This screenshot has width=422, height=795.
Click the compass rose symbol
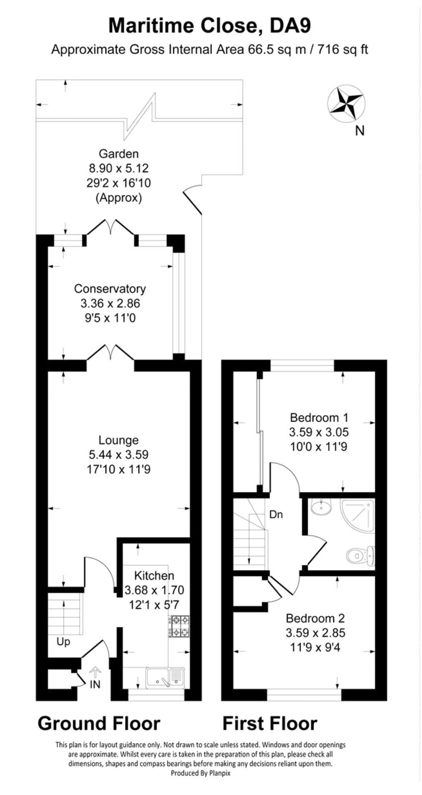coord(346,104)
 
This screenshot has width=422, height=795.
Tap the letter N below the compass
coord(360,131)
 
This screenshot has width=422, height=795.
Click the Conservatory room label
coord(110,289)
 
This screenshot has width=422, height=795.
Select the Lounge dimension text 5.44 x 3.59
coord(118,454)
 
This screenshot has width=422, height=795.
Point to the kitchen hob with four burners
coord(180,626)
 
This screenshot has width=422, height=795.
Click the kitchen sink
coord(164,677)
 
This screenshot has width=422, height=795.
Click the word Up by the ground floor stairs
coord(63,641)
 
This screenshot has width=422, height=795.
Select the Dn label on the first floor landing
coord(276,514)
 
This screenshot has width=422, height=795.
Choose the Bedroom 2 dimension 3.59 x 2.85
coord(315,633)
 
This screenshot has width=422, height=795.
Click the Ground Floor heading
coord(99,723)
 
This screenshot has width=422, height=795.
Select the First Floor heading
coord(270,723)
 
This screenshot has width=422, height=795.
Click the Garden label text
coord(118,154)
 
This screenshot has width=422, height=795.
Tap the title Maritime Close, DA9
coord(210,25)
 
